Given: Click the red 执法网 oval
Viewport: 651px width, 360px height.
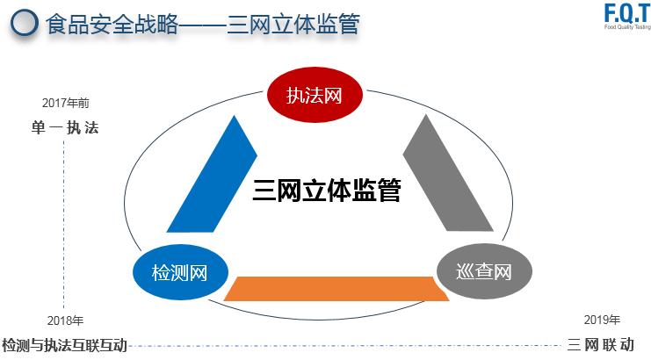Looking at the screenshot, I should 313,94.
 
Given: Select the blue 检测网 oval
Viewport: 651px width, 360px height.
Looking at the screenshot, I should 179,272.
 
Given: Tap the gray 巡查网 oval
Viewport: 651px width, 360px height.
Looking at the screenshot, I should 483,271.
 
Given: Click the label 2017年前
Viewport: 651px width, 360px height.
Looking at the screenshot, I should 65,103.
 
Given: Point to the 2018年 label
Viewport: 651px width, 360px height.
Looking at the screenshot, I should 65,320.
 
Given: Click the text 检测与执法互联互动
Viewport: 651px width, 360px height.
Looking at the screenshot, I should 65,345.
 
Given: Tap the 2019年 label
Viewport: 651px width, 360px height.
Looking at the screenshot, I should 602,320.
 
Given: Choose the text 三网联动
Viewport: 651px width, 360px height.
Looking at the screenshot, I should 601,345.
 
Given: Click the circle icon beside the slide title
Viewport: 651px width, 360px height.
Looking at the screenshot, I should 25,24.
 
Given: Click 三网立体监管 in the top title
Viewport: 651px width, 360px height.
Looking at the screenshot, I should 293,24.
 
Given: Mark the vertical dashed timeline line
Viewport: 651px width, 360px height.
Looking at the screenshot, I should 64,220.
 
